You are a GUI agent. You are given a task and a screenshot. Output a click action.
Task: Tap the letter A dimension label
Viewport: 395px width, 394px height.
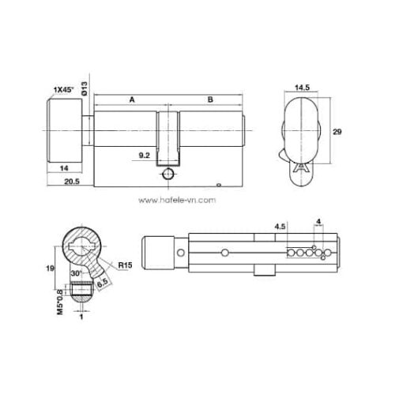point(131,99)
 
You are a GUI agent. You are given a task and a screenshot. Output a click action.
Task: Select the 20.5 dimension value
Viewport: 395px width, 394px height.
point(71,182)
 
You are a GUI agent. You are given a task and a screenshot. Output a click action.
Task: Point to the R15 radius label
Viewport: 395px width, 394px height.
point(124,266)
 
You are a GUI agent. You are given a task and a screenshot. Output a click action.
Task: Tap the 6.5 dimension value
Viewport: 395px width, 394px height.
point(101,279)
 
